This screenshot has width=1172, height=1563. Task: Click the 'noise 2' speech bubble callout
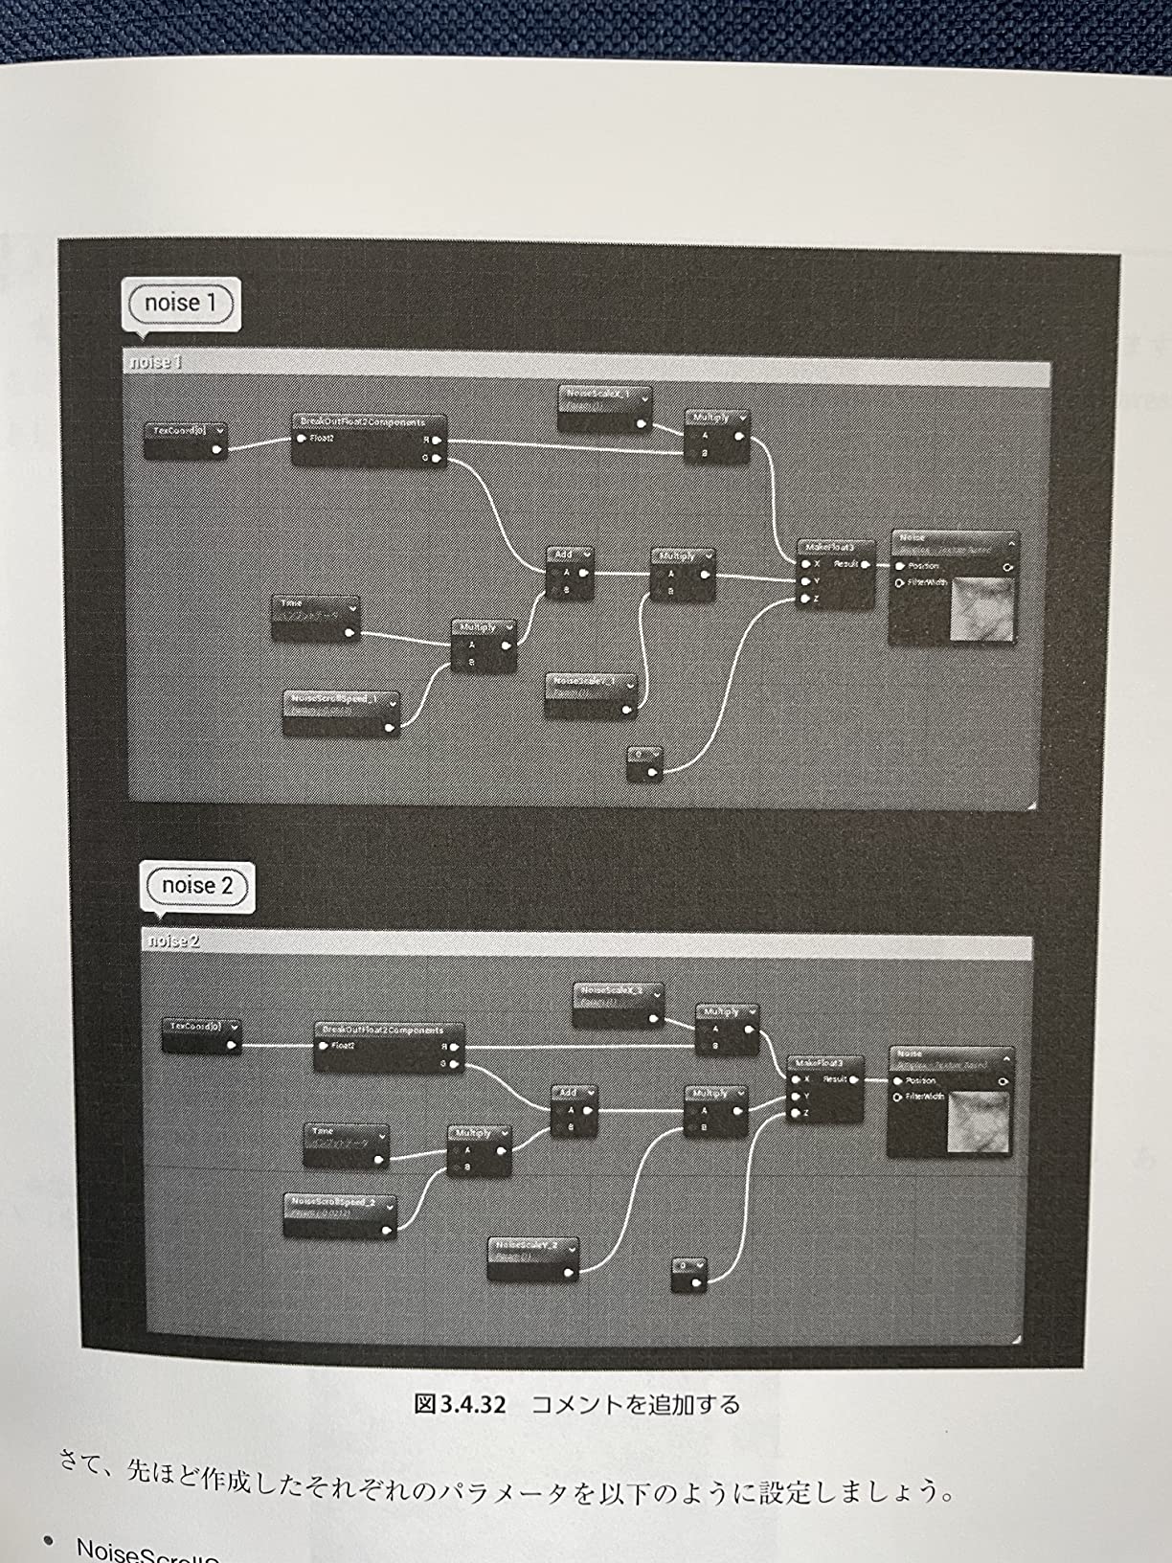(x=197, y=886)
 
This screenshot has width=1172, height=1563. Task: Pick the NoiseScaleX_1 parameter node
(x=604, y=407)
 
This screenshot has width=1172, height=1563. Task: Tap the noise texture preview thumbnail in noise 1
(x=980, y=609)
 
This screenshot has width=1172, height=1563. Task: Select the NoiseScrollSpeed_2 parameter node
(x=340, y=1214)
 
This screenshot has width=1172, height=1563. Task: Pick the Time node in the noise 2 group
(x=346, y=1144)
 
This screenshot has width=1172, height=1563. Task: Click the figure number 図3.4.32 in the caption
(x=460, y=1405)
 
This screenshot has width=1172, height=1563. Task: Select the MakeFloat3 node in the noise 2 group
(x=824, y=1088)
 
